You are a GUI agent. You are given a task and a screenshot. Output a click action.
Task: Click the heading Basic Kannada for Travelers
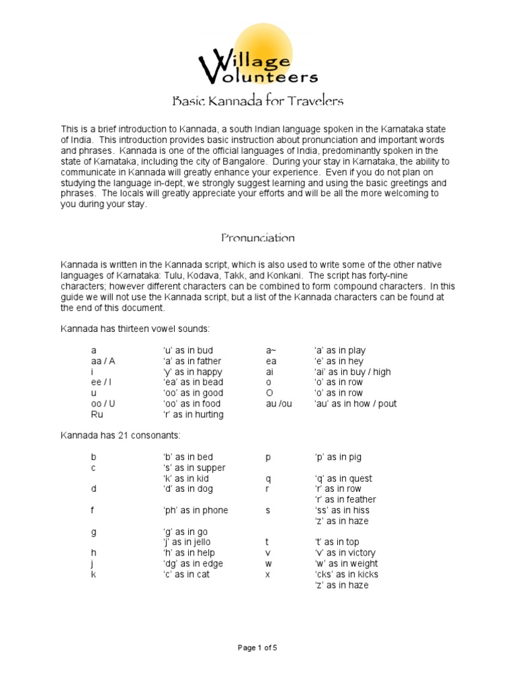pos(258,101)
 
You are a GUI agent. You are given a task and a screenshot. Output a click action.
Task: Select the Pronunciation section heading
pos(258,238)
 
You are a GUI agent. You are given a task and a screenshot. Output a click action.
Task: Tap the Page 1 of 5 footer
pos(257,648)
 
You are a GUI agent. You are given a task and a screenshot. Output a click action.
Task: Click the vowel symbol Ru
pos(97,415)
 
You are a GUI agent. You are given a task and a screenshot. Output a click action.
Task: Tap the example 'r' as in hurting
pos(193,415)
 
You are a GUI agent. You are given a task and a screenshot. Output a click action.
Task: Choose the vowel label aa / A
pos(103,361)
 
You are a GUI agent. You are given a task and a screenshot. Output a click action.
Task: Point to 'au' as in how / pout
pos(355,404)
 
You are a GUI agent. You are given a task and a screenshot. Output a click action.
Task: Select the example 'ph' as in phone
pos(195,511)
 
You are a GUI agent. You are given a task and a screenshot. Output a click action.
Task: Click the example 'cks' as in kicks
pos(346,574)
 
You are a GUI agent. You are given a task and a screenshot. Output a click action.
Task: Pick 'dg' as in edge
pos(192,564)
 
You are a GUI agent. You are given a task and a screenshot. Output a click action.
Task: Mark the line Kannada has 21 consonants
pos(110,436)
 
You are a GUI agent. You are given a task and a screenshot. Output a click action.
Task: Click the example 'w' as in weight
pos(345,564)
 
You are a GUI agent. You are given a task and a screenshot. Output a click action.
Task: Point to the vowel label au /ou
pos(279,404)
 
